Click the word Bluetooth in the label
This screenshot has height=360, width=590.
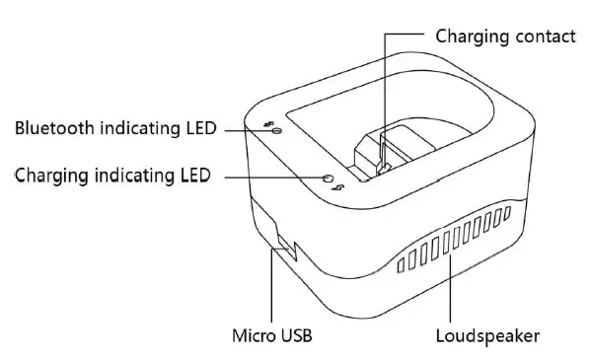(x=52, y=128)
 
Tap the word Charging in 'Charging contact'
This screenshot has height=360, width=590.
(x=470, y=36)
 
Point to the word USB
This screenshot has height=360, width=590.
(x=295, y=336)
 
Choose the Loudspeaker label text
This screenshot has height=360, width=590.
(x=487, y=336)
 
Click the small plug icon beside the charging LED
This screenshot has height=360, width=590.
(x=340, y=187)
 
